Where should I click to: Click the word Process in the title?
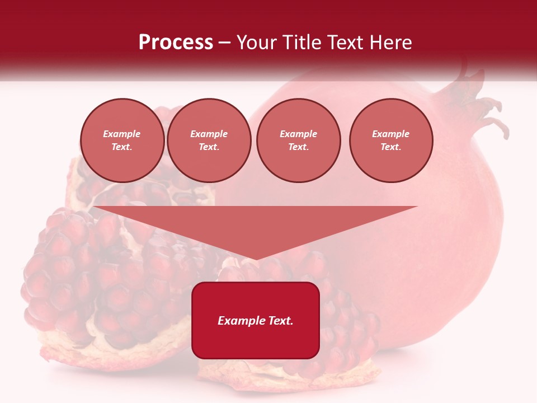tap(176, 43)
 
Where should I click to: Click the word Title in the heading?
tap(301, 43)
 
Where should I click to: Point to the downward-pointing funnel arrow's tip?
tap(256, 258)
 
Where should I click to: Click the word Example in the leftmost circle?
tap(122, 134)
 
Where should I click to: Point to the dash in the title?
tap(224, 43)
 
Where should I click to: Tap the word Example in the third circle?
tap(298, 134)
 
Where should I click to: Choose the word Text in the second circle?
tap(208, 147)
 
